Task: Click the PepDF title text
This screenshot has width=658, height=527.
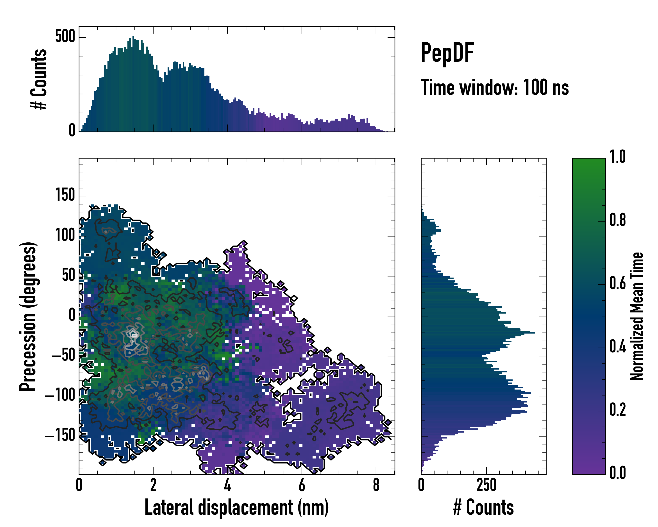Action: (x=447, y=53)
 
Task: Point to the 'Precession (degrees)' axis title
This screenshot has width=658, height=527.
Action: (x=28, y=316)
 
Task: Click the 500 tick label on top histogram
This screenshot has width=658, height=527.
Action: (x=65, y=37)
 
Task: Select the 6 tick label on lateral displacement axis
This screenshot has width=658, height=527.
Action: (x=302, y=485)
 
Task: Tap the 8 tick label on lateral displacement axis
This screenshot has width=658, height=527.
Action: (x=376, y=485)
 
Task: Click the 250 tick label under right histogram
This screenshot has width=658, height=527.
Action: (x=486, y=485)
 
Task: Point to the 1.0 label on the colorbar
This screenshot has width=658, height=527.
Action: (x=617, y=157)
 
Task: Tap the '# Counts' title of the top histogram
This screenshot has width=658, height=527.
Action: (x=39, y=79)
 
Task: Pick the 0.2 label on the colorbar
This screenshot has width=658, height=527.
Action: (x=617, y=410)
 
